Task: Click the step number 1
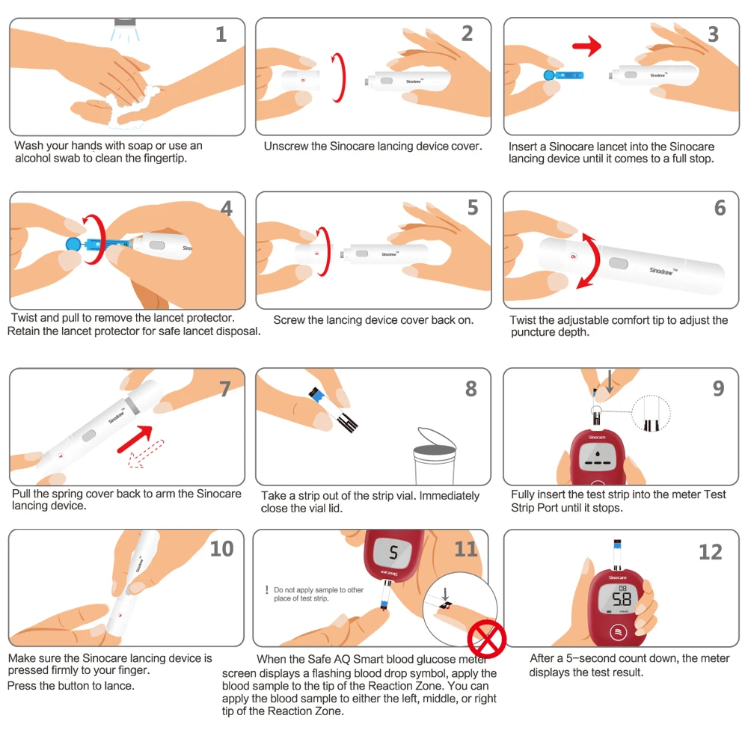pos(221,34)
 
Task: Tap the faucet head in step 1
pos(125,22)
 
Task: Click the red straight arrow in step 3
pos(586,46)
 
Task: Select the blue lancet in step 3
pos(564,76)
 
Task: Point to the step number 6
pos(720,208)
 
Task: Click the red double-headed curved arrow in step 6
pos(589,260)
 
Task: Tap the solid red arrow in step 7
pos(135,439)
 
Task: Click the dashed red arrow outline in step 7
pos(146,453)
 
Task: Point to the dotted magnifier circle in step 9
pos(652,414)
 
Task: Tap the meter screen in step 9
pos(598,456)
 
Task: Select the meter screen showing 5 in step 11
pos(393,553)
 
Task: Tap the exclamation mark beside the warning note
pos(267,590)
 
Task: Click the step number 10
pos(222,549)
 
